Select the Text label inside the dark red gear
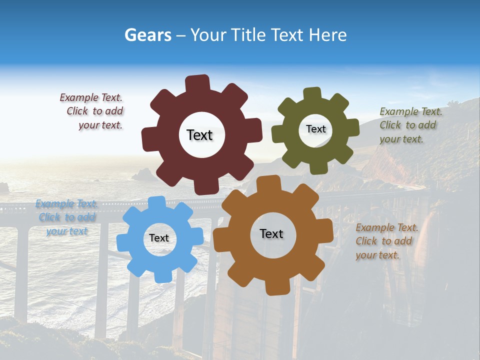[x=199, y=135]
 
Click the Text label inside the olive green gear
[x=315, y=129]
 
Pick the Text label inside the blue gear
[x=159, y=238]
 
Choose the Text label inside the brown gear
[x=271, y=233]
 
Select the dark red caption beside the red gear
[x=92, y=111]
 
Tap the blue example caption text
[x=67, y=217]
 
